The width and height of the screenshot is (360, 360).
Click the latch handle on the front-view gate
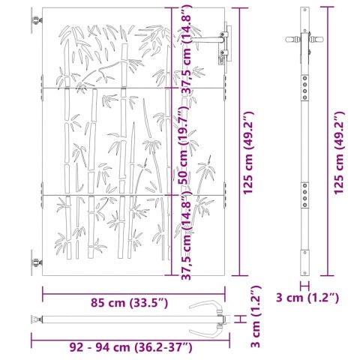pos(223,37)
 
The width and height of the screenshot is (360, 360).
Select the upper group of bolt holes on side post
pos(304,85)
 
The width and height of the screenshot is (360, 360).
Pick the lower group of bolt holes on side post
pos(304,196)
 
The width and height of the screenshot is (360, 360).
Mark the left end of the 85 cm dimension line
pos(42,293)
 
